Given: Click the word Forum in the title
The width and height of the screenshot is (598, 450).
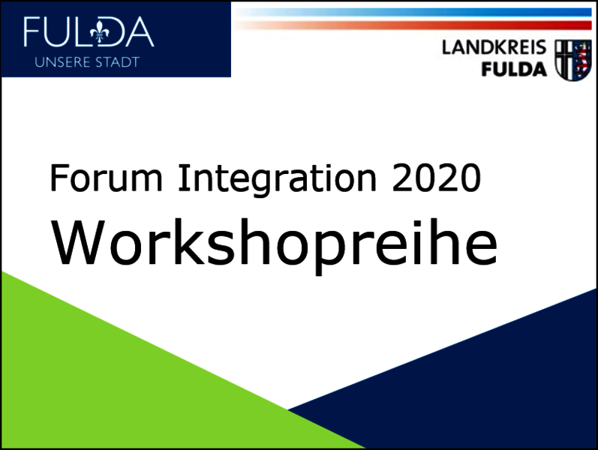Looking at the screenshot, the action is (107, 177).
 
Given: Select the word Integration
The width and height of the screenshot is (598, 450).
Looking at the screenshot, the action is (278, 179).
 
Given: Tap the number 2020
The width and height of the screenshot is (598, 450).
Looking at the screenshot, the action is (436, 177).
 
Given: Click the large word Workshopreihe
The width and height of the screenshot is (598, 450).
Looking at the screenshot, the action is (274, 244).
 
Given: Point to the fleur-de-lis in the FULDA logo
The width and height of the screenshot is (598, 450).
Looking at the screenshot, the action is (100, 32).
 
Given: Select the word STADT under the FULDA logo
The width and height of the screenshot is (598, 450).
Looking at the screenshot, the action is (118, 62).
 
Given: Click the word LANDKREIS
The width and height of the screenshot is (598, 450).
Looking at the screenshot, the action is (494, 48).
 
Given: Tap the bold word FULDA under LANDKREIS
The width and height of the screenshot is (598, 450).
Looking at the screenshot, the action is (514, 70).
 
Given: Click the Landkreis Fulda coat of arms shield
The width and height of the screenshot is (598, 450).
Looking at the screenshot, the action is (572, 60).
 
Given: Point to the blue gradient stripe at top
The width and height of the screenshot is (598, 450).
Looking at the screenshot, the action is (413, 12).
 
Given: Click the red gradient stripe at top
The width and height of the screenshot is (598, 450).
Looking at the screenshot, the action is (413, 25).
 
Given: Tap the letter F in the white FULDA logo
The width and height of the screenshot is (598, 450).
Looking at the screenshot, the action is (32, 31).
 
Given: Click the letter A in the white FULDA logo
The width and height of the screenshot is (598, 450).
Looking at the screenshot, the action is (139, 31).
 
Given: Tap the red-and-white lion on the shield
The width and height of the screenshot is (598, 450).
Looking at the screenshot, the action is (582, 59).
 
